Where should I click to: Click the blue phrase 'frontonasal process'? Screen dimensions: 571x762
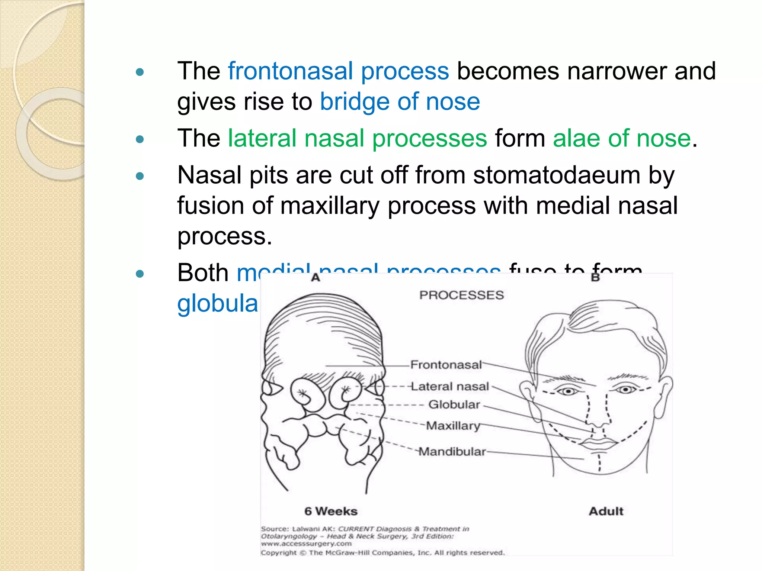coord(338,71)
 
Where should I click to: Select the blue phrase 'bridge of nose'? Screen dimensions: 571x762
coord(400,101)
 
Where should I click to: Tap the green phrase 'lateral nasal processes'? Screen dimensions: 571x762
coord(357,138)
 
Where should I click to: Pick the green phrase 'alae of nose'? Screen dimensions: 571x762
coord(621,138)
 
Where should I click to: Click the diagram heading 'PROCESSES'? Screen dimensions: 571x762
coord(461,295)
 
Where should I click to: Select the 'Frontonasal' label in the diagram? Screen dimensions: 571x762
coord(446,365)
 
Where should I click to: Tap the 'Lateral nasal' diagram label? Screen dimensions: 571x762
coord(450,387)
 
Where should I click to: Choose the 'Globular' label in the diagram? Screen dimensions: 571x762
coord(454,404)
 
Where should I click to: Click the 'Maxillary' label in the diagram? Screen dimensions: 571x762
coord(453,425)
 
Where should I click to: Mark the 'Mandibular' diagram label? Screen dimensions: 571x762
coord(452,452)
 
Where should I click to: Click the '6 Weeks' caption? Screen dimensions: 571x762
coord(331,511)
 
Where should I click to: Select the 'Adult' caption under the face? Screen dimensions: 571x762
coord(606,511)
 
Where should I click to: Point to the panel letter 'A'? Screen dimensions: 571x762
coord(316,277)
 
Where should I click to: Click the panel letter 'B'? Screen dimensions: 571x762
coord(595,277)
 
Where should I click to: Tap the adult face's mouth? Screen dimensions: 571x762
coord(598,443)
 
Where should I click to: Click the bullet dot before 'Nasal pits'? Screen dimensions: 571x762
coord(140,176)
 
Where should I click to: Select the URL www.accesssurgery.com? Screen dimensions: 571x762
coord(306,543)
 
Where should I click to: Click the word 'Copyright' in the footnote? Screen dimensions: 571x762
coord(279,553)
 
